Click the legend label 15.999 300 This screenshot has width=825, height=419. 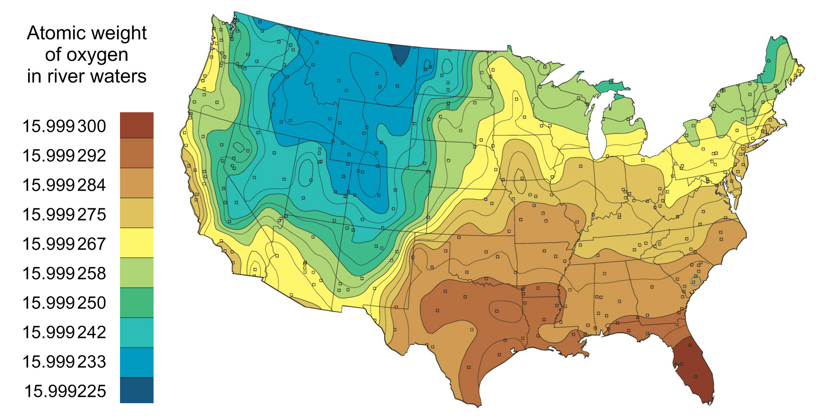point(64,126)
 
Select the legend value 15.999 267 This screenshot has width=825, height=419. point(64,243)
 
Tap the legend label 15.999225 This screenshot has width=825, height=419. point(65,391)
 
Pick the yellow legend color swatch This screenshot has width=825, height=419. point(137,243)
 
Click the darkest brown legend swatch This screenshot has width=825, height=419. point(137,125)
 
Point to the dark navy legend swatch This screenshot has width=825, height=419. point(137,390)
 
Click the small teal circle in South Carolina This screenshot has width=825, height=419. point(696,281)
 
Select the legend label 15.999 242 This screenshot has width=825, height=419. point(64,332)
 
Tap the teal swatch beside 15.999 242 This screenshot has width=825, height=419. point(137,332)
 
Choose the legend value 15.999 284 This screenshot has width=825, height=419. point(64,185)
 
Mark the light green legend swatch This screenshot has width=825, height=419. point(137,272)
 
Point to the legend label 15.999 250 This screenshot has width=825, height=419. point(64,303)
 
